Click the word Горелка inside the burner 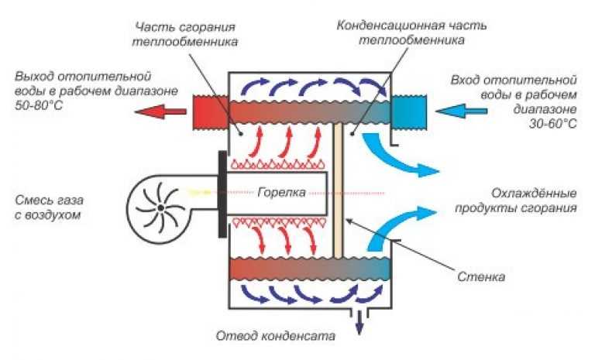(281, 192)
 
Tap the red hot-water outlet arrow (160, 111)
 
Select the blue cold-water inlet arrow (462, 111)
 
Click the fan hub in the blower (161, 207)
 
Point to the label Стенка (481, 276)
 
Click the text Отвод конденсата (276, 336)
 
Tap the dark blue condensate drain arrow (359, 323)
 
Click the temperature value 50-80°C (39, 105)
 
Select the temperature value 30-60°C (552, 124)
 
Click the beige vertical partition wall (338, 190)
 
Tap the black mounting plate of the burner (223, 194)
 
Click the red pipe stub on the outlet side (210, 112)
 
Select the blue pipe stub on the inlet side (408, 112)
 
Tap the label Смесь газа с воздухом (49, 207)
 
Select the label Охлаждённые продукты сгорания (516, 201)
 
